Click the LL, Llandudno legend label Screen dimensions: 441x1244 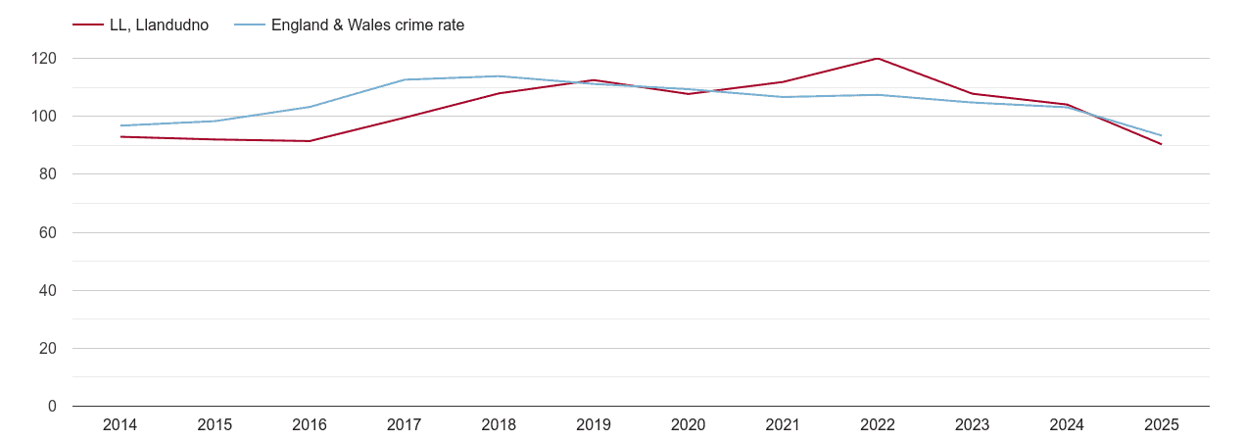point(159,25)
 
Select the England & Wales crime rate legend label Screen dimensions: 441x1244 point(367,25)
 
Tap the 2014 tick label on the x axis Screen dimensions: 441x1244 point(120,425)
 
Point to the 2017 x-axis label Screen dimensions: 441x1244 point(405,425)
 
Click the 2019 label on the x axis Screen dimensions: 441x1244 point(594,425)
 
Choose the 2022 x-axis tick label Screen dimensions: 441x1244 point(878,425)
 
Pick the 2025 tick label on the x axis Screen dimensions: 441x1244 point(1162,425)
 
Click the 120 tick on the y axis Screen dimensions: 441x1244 point(44,59)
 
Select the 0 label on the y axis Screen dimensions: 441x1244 point(53,407)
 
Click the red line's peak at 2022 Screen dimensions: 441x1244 point(878,59)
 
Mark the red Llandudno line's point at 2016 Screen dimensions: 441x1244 point(310,141)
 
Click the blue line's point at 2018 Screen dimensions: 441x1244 point(499,76)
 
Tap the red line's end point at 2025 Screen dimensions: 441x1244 point(1162,144)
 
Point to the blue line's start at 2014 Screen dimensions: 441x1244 point(120,125)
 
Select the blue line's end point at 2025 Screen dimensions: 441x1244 point(1162,135)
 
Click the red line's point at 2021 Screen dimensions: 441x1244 point(783,81)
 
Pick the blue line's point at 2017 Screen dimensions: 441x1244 point(405,79)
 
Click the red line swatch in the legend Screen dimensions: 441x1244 point(88,25)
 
